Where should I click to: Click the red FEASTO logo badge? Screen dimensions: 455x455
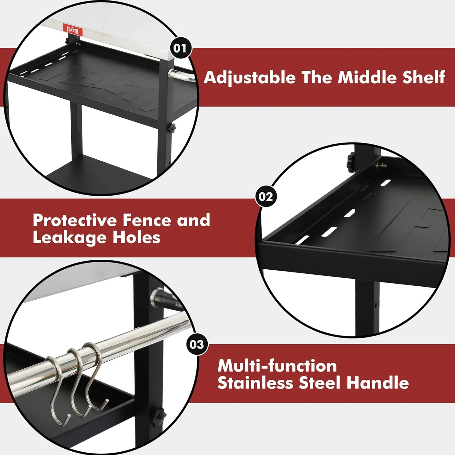72,30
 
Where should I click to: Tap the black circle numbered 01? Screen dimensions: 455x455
180,48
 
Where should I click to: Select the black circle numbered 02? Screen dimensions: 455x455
266,197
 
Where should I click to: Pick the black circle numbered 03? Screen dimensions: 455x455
197,344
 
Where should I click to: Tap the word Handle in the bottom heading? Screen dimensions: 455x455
378,383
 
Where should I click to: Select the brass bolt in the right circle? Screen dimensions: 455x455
381,165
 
